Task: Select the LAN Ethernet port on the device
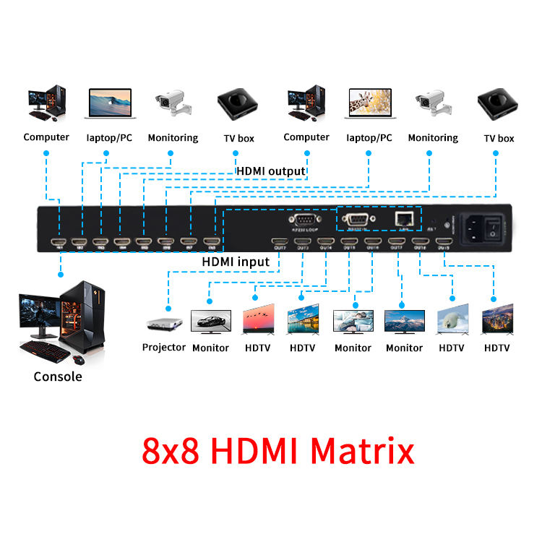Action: tap(403, 218)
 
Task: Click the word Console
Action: tap(58, 377)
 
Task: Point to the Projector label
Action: tap(163, 348)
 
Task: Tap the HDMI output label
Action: tap(271, 171)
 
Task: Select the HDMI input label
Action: tap(236, 261)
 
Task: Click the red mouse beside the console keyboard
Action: tap(78, 358)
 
